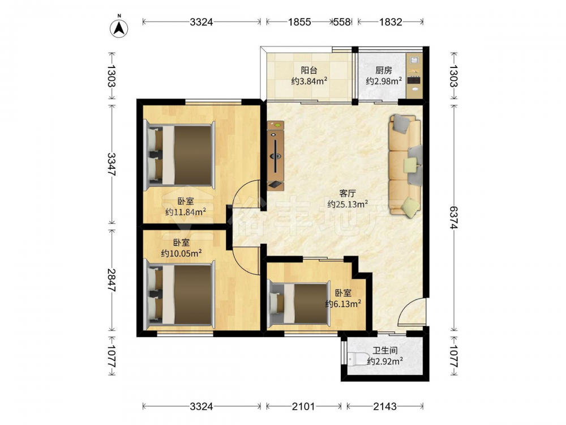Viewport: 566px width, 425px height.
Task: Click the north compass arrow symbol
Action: pyautogui.click(x=119, y=27)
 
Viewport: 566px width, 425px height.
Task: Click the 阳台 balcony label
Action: pyautogui.click(x=310, y=70)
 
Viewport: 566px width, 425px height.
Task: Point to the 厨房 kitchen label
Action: pyautogui.click(x=384, y=70)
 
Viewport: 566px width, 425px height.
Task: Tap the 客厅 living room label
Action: pyautogui.click(x=348, y=193)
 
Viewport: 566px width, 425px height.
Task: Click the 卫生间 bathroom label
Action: pyautogui.click(x=385, y=351)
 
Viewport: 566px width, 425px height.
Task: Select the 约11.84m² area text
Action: pyautogui.click(x=186, y=212)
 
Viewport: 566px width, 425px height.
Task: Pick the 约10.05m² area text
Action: pyautogui.click(x=181, y=253)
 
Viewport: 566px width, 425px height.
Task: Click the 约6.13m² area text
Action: pyautogui.click(x=344, y=304)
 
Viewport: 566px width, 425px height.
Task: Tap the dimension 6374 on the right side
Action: pyautogui.click(x=453, y=218)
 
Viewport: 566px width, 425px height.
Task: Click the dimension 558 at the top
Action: pyautogui.click(x=341, y=22)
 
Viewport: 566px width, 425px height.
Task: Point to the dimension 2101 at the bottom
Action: pyautogui.click(x=303, y=406)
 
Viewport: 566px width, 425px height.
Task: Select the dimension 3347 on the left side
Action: pyautogui.click(x=111, y=164)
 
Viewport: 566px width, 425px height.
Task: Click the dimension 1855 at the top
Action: pyautogui.click(x=299, y=22)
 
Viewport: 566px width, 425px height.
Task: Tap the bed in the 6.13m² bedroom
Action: pyautogui.click(x=299, y=303)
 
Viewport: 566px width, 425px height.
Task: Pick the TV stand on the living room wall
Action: pyautogui.click(x=276, y=155)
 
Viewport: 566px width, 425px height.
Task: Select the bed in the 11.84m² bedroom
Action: pyautogui.click(x=179, y=155)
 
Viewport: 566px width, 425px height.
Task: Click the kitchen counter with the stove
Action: pyautogui.click(x=414, y=75)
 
